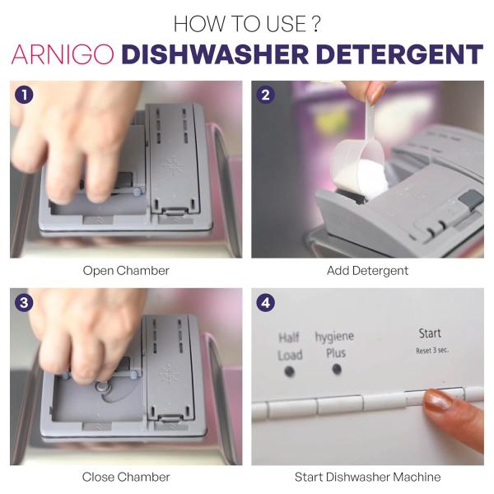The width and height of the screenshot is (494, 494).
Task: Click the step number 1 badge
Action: tap(25, 95)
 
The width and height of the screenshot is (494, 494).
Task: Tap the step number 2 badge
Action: tap(266, 95)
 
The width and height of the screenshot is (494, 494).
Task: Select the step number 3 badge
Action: tap(25, 302)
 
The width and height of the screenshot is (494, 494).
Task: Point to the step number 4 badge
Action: tap(266, 302)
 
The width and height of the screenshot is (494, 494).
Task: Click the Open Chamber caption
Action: tap(126, 270)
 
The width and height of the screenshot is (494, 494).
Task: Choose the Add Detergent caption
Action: tap(367, 270)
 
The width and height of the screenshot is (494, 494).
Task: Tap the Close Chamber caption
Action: tap(126, 477)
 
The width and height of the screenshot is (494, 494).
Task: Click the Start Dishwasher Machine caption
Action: tap(367, 477)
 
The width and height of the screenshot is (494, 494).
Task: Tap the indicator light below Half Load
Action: tap(289, 371)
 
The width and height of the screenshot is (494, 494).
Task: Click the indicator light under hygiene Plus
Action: tap(336, 369)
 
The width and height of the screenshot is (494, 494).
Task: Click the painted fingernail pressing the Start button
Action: tap(437, 401)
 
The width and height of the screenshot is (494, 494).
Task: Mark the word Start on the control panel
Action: tap(430, 333)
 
